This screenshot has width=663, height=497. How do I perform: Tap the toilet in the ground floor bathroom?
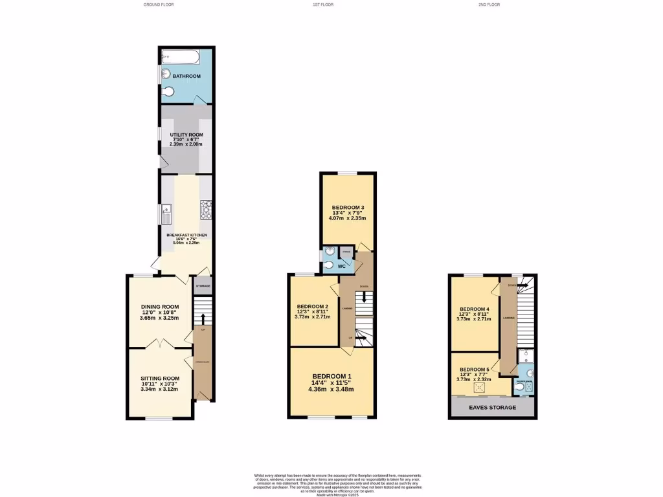coord(169,92)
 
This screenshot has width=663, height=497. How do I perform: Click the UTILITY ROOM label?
coord(186,135)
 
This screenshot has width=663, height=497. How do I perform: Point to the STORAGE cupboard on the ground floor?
coord(203,285)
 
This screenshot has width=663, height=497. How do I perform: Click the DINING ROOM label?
coord(160,307)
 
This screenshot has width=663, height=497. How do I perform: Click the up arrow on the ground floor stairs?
coord(203,317)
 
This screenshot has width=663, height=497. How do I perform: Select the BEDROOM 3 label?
coord(348,208)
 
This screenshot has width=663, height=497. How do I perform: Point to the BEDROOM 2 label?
coord(313,307)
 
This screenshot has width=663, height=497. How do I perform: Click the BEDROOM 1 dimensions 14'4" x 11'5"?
coord(331,383)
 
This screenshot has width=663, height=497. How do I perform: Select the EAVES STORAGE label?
coord(493,407)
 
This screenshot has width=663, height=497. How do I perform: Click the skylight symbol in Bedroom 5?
coord(480,388)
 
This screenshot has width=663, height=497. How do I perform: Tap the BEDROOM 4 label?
coord(475,309)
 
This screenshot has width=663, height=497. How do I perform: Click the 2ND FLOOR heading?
coord(489,5)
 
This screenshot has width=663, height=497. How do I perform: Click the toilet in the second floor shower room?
coord(530,373)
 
